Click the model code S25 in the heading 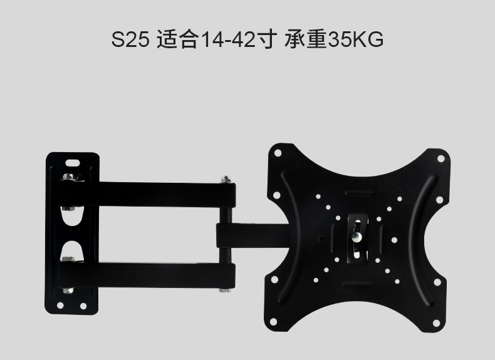(130, 39)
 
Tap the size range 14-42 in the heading (228, 39)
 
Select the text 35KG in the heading (356, 39)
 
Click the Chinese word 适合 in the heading (178, 39)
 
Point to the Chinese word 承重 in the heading (306, 39)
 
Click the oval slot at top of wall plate (73, 163)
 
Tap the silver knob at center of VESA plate (357, 237)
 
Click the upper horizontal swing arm (147, 194)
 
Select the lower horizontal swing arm (147, 275)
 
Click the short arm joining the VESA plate (253, 235)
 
